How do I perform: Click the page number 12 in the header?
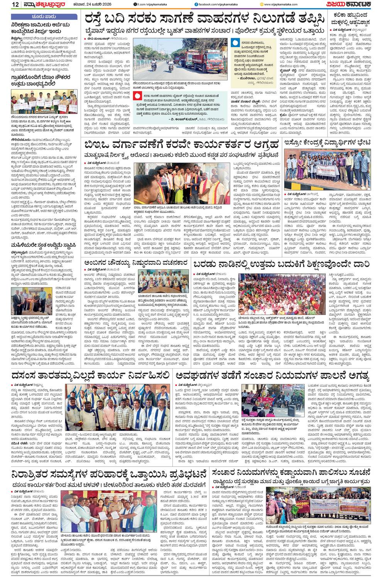(5, 4)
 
